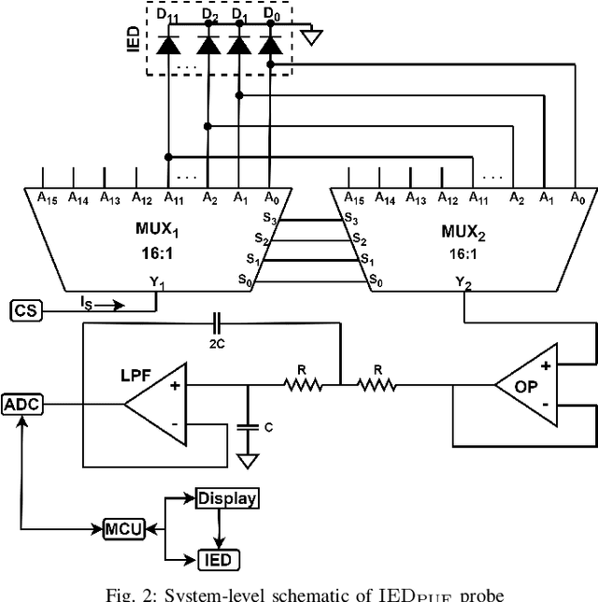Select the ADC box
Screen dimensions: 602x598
pos(18,405)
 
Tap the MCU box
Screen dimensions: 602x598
pos(123,529)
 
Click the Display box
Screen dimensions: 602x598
pos(226,498)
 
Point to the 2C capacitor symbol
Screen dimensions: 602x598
pos(217,323)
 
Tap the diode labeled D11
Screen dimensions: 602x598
pos(169,44)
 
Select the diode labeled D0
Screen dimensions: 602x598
pos(271,44)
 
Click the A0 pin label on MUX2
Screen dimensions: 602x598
pos(577,198)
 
